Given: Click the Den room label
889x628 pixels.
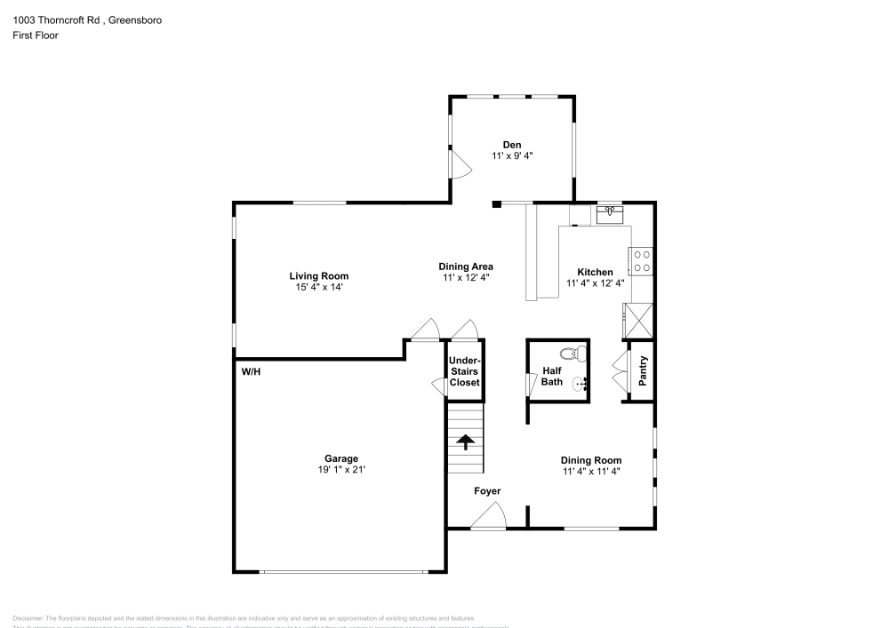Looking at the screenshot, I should coord(511,144).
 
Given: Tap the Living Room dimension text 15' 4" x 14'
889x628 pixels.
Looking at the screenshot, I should coord(318,287).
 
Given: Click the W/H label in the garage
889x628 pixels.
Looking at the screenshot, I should coord(251,372).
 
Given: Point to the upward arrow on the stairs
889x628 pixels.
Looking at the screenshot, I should coord(465,441).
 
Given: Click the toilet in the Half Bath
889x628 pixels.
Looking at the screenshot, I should coord(580,353).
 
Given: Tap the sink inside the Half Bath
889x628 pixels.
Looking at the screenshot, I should coord(580,385).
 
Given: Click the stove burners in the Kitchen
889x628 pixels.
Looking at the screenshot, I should coord(641,261).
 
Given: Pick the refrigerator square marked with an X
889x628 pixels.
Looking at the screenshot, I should coord(639,319).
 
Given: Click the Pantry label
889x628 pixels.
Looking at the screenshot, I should coord(644,371).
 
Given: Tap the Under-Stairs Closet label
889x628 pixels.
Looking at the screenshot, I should coord(464,371).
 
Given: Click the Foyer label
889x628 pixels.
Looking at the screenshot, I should coord(487,491).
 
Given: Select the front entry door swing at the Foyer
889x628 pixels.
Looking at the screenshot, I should coord(489,516).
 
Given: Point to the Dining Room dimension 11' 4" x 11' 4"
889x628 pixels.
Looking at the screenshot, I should coord(590,472).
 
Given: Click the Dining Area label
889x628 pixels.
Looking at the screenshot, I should coord(466,266).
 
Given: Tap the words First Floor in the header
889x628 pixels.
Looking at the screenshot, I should coord(36,36).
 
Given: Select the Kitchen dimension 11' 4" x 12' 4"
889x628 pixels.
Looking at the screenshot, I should coord(595,283).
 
